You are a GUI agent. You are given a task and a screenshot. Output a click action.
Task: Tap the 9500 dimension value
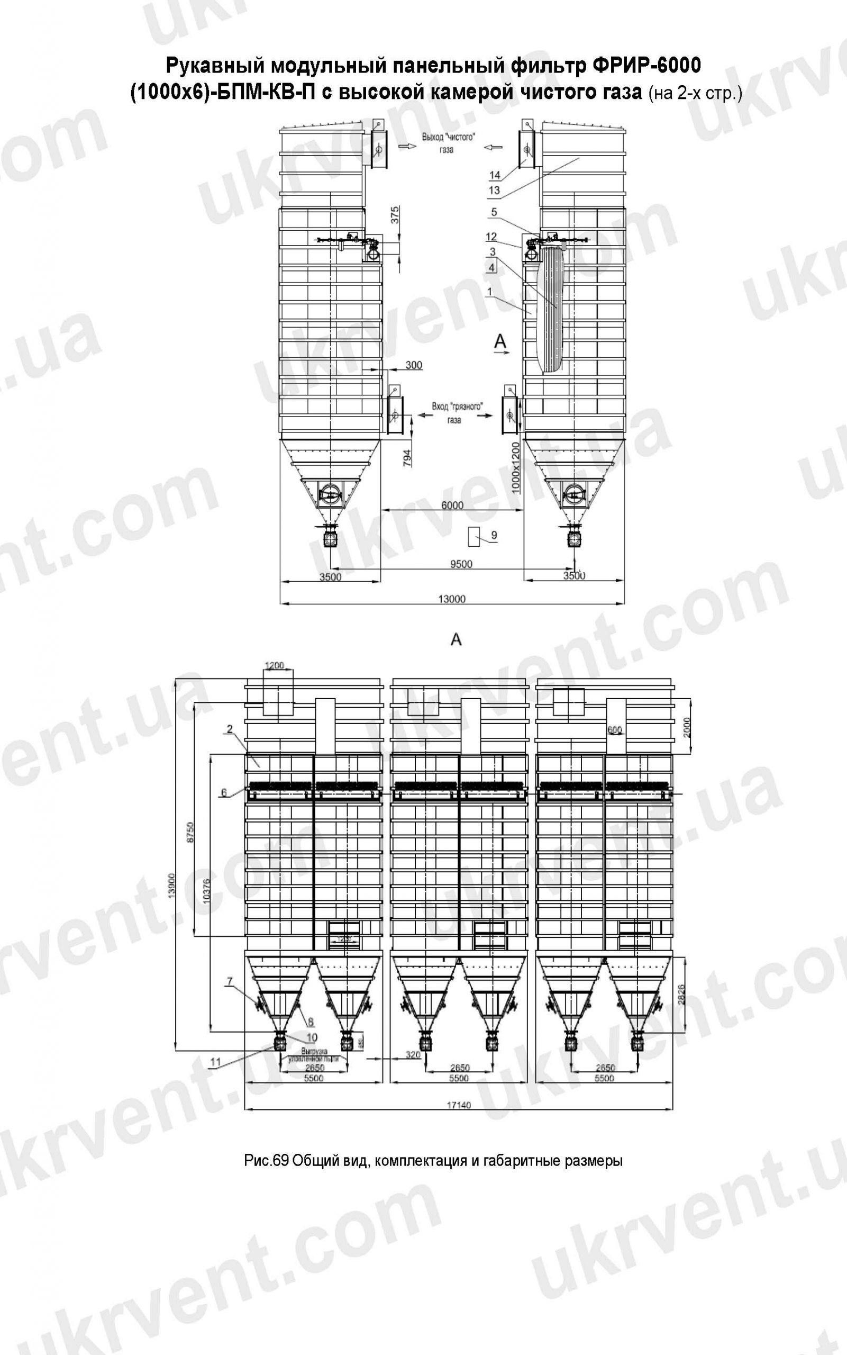pyautogui.click(x=461, y=564)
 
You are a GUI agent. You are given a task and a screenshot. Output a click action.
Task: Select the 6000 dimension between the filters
pyautogui.click(x=452, y=505)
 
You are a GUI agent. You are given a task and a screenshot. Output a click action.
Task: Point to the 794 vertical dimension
pyautogui.click(x=408, y=457)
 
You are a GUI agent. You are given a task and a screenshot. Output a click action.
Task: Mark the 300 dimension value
pyautogui.click(x=413, y=365)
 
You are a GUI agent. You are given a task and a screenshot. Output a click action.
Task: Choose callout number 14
pyautogui.click(x=494, y=175)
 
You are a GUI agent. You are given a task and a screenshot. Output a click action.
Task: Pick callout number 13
pyautogui.click(x=494, y=191)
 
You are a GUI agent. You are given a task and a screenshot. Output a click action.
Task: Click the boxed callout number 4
pyautogui.click(x=491, y=267)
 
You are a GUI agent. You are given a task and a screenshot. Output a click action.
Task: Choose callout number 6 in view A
pyautogui.click(x=224, y=792)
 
